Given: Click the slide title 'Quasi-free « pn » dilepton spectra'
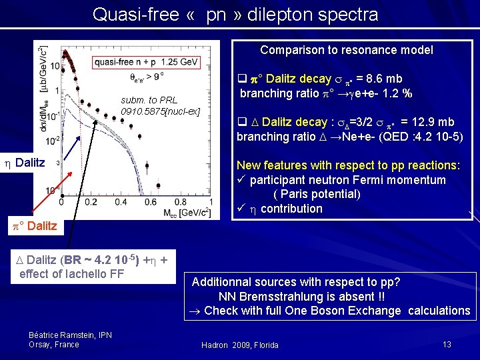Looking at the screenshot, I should (x=235, y=15).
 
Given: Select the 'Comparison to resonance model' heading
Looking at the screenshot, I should (x=346, y=50).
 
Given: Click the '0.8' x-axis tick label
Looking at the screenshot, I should (x=181, y=202).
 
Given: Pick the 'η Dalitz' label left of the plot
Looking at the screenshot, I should (x=26, y=163).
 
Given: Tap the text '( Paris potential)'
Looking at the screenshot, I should (x=317, y=194).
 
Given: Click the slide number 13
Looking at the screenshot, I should (x=447, y=343).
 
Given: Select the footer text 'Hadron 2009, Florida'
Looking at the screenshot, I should (x=240, y=345).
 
